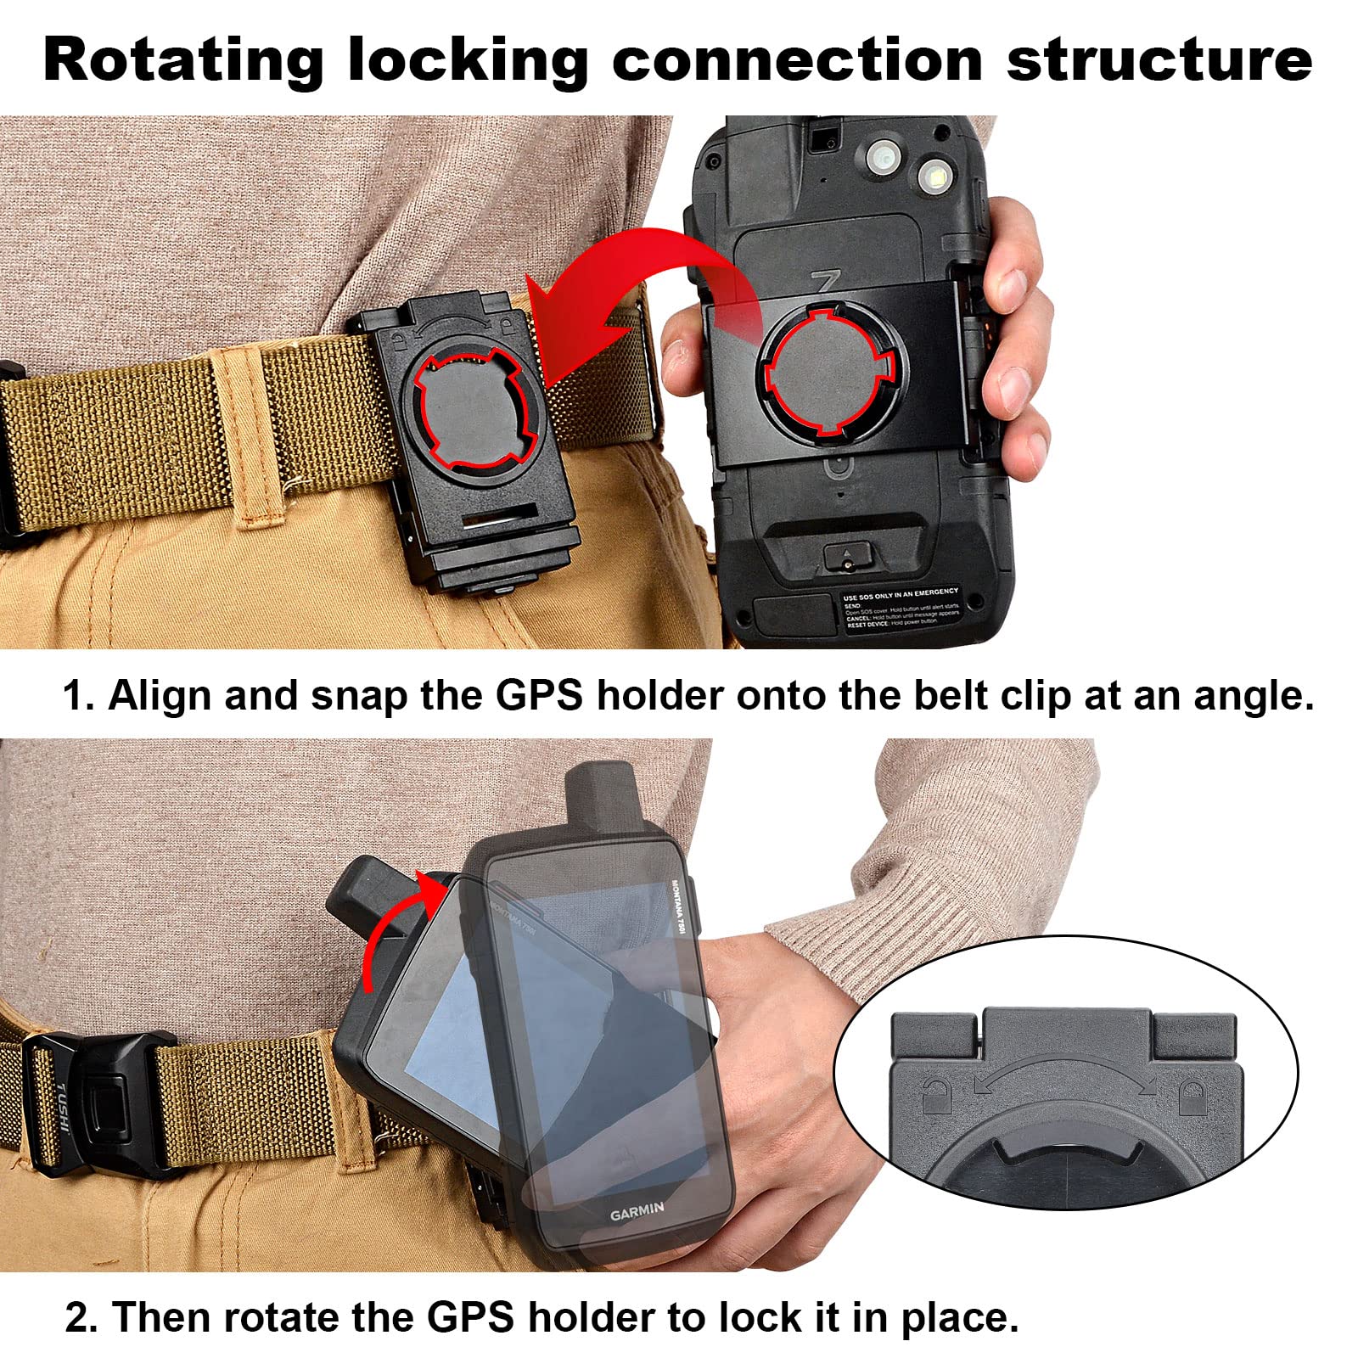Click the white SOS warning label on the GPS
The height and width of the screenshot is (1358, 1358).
click(x=901, y=606)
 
